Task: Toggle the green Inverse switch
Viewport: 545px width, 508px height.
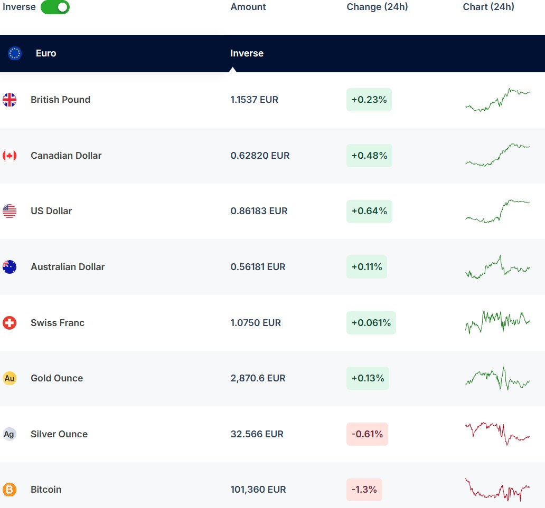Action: point(55,7)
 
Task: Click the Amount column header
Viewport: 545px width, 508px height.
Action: point(248,7)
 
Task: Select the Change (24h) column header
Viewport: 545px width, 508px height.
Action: point(377,7)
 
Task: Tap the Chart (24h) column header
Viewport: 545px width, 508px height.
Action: point(488,7)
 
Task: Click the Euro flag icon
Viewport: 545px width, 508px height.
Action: point(15,53)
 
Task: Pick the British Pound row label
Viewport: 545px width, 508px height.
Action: point(60,100)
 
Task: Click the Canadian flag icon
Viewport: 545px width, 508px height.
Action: point(10,156)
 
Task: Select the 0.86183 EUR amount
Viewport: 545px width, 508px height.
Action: point(259,211)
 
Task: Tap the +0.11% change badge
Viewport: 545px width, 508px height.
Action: point(367,267)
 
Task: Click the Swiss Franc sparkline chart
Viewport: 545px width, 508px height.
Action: point(497,322)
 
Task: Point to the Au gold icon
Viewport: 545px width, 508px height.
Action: point(10,378)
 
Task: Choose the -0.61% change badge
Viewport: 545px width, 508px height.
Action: point(367,434)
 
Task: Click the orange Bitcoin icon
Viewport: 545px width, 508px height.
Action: point(10,490)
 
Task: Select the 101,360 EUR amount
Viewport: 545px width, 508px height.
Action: point(258,490)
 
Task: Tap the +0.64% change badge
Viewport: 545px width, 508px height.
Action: point(369,211)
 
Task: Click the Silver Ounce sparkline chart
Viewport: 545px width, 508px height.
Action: point(497,433)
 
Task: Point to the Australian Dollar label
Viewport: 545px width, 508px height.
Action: point(68,267)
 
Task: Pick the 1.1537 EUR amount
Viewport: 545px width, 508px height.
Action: point(254,100)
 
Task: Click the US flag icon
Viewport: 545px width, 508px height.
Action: point(10,211)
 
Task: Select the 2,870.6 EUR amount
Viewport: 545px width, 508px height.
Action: point(258,378)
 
